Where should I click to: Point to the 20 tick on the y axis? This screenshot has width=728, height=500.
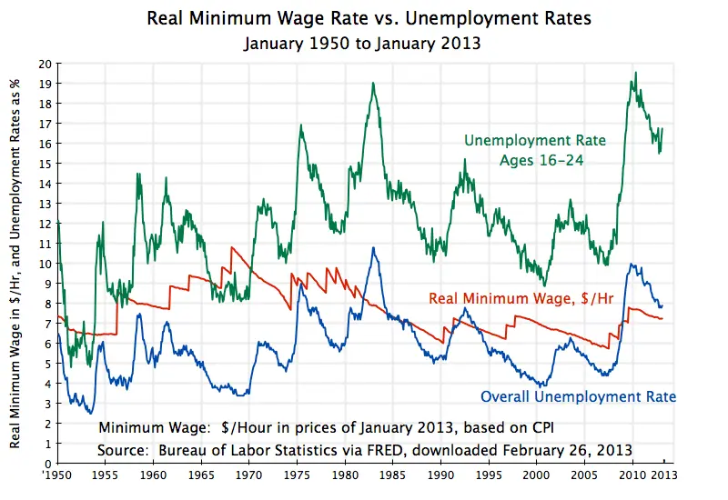pyautogui.click(x=45, y=64)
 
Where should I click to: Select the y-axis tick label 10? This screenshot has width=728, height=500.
pyautogui.click(x=45, y=264)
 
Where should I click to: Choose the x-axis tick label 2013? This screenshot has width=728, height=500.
pyautogui.click(x=662, y=475)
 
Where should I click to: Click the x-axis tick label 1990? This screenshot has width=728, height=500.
pyautogui.click(x=441, y=475)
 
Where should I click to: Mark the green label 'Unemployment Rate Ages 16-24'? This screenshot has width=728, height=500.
pyautogui.click(x=523, y=150)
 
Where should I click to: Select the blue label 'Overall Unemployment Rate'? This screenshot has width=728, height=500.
pyautogui.click(x=578, y=397)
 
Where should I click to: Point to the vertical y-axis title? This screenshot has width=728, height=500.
pyautogui.click(x=15, y=264)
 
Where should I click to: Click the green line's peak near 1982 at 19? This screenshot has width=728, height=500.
pyautogui.click(x=373, y=84)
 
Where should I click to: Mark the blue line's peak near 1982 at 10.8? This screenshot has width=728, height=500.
pyautogui.click(x=373, y=247)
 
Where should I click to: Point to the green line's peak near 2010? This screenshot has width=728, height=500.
pyautogui.click(x=635, y=73)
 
